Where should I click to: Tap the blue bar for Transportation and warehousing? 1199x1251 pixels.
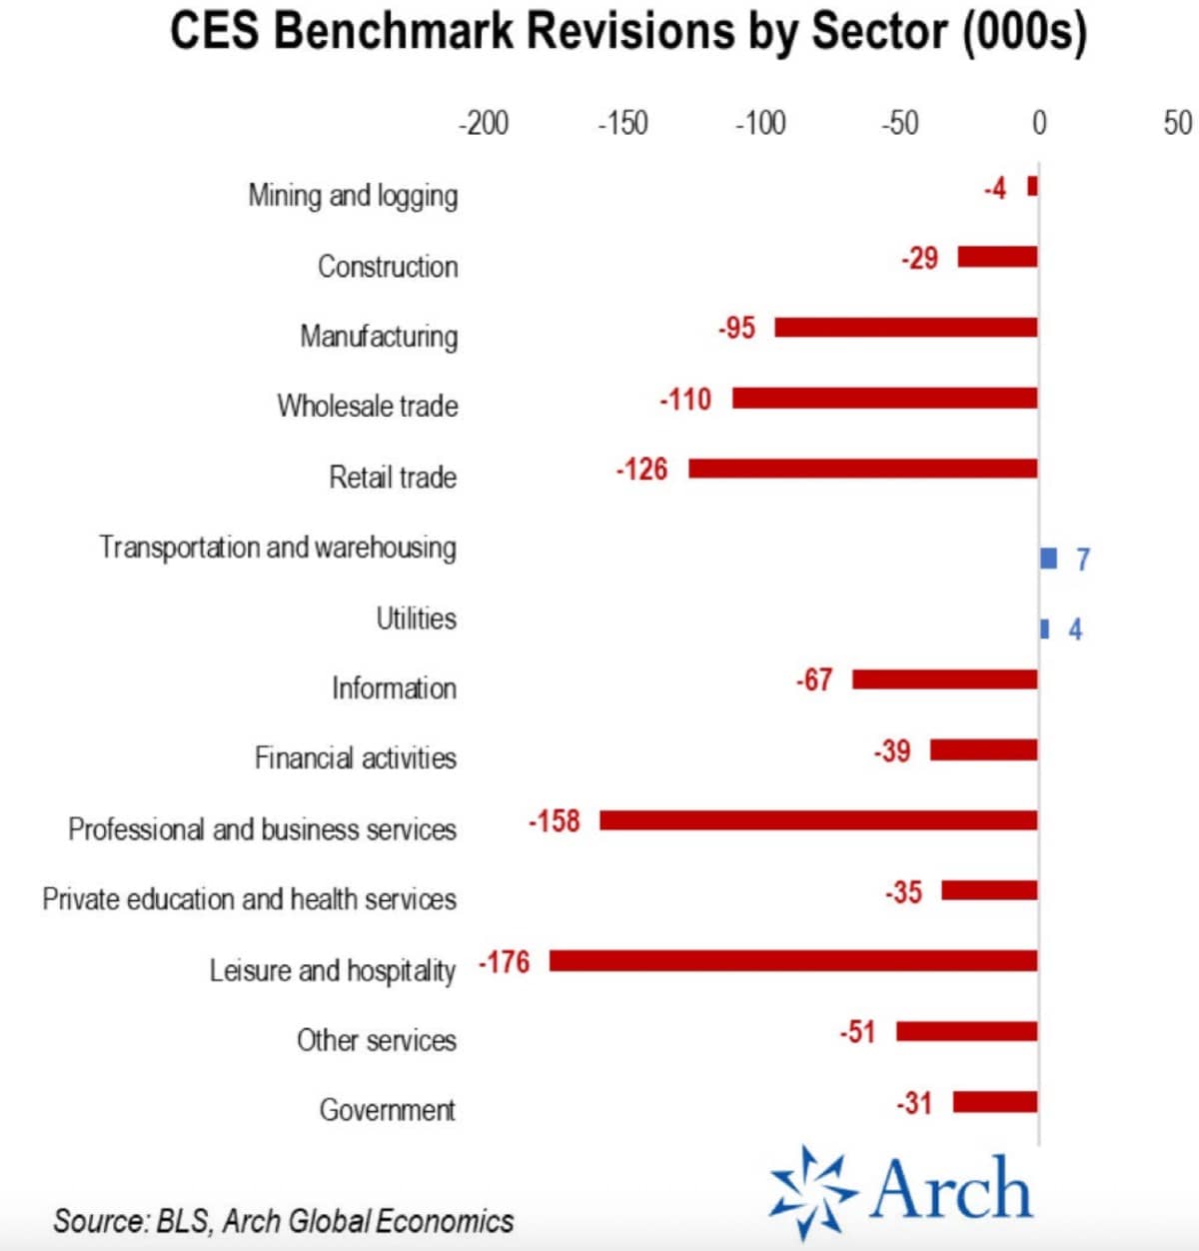coord(1048,558)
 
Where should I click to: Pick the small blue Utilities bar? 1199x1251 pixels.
coord(1045,628)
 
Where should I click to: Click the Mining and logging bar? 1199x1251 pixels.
coord(1033,187)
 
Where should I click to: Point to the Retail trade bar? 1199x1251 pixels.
coord(862,469)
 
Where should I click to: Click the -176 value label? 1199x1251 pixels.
coord(505,962)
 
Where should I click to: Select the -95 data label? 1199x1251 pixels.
coord(737,328)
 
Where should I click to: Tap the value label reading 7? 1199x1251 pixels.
coord(1082,559)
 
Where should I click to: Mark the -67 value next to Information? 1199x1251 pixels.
coord(814,680)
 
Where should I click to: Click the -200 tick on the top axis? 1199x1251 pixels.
coord(484,123)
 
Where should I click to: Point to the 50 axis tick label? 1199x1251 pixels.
coord(1177,123)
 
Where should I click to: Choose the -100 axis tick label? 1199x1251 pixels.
coord(760,123)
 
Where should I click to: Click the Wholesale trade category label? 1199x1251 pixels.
coord(368,406)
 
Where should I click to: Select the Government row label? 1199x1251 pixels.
coord(388,1110)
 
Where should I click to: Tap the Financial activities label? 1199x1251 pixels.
coord(356,758)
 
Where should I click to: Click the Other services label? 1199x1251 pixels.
coord(377,1040)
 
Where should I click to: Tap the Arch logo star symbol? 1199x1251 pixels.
coord(812,1192)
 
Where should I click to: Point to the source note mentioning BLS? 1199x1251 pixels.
coord(284,1220)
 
